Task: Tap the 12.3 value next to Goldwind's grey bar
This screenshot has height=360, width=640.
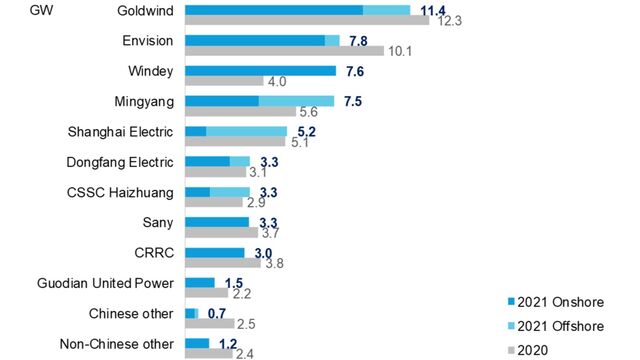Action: coord(447,21)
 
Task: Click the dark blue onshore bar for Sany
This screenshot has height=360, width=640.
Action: coord(217,222)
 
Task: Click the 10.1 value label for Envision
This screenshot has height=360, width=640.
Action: coord(400,51)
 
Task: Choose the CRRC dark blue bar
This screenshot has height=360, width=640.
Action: coord(214,252)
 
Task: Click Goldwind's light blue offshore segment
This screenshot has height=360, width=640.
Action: coord(386,10)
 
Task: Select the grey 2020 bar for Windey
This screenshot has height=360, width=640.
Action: coord(224,81)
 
